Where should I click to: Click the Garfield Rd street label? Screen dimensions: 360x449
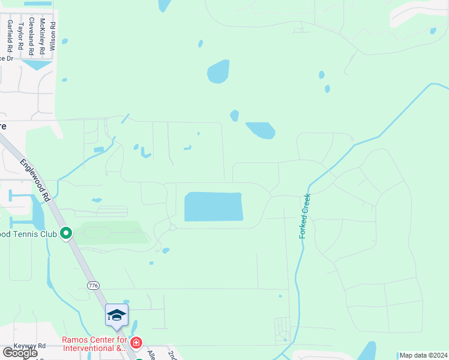[x=10, y=35]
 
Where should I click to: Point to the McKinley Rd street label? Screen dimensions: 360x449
[x=42, y=37]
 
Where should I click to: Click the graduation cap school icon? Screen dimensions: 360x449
[x=116, y=315]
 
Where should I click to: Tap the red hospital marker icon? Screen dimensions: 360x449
[x=137, y=343]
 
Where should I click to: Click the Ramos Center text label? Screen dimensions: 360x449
[x=95, y=344]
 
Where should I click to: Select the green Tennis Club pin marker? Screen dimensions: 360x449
[x=66, y=233]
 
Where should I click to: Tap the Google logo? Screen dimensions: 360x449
[x=20, y=353]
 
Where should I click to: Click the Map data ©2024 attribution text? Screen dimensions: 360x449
[x=423, y=355]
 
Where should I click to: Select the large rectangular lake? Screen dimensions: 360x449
[x=213, y=207]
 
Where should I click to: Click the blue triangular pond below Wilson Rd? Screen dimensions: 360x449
[x=37, y=64]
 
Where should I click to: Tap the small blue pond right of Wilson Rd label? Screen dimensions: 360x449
[x=64, y=41]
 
